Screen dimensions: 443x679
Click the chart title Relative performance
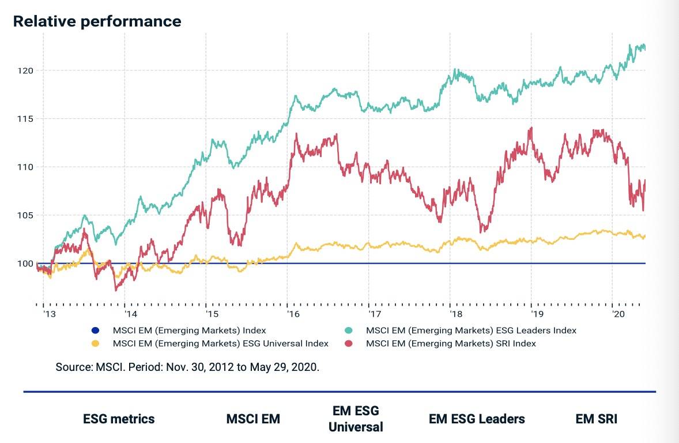click(x=97, y=21)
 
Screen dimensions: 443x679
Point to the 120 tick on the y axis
click(x=25, y=70)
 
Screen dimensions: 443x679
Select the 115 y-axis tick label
click(x=25, y=119)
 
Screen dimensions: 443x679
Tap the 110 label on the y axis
click(x=25, y=167)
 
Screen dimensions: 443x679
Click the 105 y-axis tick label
click(x=25, y=215)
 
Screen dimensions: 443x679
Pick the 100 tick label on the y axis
click(x=25, y=264)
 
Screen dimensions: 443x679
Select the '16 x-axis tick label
click(x=293, y=314)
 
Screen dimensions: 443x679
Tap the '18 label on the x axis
click(x=456, y=314)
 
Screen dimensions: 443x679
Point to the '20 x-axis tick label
click(x=618, y=314)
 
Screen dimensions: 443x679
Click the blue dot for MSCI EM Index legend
click(x=96, y=331)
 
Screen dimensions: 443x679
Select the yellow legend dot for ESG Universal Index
click(x=96, y=344)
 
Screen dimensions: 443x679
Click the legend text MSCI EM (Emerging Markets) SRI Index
click(x=451, y=344)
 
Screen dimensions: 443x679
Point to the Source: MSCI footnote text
click(x=187, y=367)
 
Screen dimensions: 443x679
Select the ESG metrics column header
click(x=119, y=419)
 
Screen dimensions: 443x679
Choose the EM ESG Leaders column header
click(x=477, y=419)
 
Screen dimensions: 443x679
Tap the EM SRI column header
click(x=596, y=419)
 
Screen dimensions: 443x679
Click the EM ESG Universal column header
click(x=356, y=419)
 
